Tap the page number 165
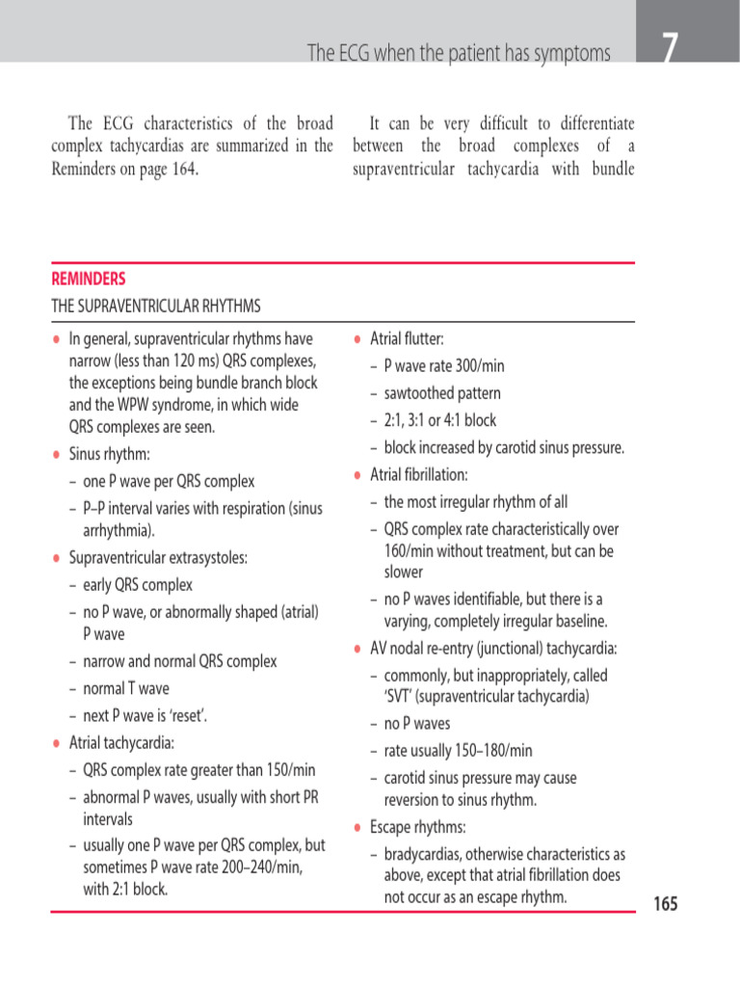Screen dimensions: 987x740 (666, 904)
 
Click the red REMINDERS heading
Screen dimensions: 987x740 (88, 280)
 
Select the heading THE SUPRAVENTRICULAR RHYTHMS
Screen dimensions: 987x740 (155, 307)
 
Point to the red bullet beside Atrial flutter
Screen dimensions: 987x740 (357, 339)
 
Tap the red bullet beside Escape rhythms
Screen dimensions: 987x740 (357, 828)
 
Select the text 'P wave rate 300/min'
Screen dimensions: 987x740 (444, 366)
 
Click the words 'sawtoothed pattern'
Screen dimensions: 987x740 (441, 393)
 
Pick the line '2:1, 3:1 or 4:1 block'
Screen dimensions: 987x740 (440, 420)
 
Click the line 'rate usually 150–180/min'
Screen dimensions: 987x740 (458, 750)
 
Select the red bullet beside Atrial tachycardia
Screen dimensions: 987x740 (56, 743)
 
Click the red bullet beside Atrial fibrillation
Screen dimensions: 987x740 (357, 475)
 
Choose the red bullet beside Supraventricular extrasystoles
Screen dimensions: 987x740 (56, 558)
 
